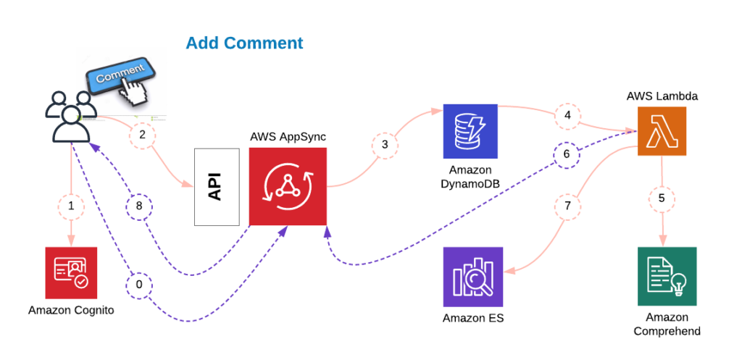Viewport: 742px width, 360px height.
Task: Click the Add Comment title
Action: click(x=244, y=43)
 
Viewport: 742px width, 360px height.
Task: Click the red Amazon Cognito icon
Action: click(x=71, y=272)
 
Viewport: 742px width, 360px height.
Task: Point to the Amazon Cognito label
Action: click(x=71, y=311)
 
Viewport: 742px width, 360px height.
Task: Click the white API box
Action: click(x=217, y=186)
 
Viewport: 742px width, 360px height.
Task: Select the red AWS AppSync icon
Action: click(x=288, y=186)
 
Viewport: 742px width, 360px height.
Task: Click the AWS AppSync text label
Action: click(x=288, y=138)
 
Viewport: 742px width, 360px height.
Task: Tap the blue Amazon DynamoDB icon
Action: click(x=470, y=131)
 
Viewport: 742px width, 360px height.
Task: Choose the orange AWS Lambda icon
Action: click(x=662, y=131)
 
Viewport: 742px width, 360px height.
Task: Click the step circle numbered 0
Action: click(x=139, y=285)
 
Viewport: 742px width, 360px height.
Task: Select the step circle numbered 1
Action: click(x=71, y=206)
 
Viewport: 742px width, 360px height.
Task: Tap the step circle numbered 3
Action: click(x=385, y=145)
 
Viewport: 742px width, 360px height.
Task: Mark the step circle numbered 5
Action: click(x=662, y=197)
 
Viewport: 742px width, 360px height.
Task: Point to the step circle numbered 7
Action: click(x=567, y=206)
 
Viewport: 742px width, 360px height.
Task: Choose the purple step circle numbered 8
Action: click(x=139, y=206)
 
